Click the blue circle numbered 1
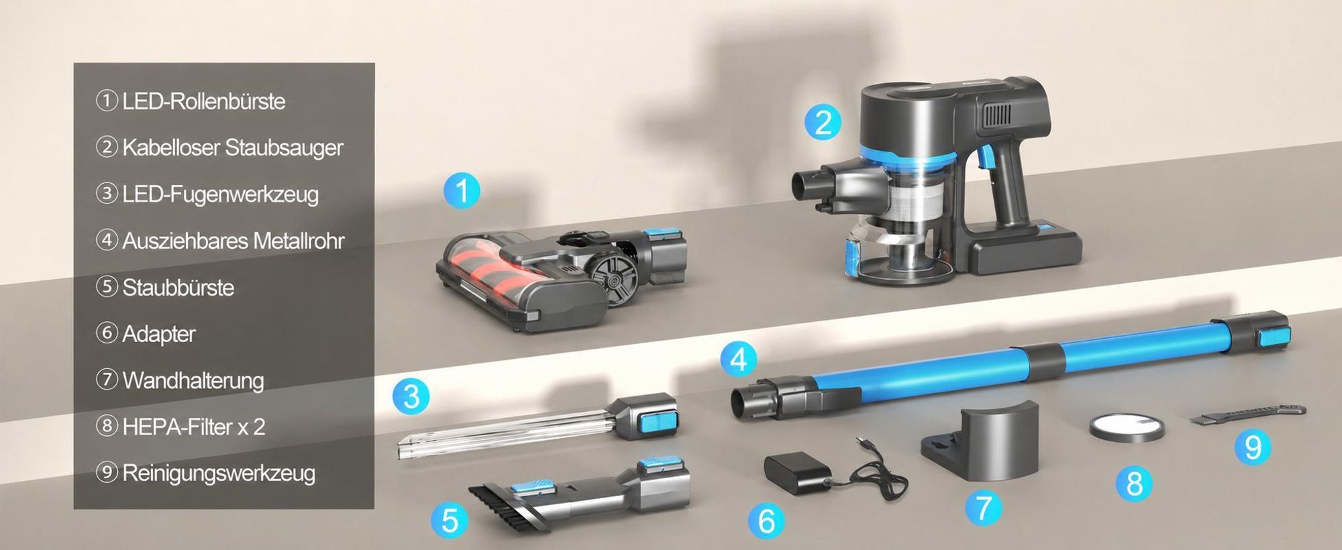pyautogui.click(x=462, y=190)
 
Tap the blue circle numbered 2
pyautogui.click(x=823, y=122)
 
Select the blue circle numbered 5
pyautogui.click(x=450, y=520)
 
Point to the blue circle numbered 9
pyautogui.click(x=1252, y=447)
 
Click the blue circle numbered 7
pyautogui.click(x=983, y=508)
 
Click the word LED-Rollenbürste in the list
pyautogui.click(x=203, y=101)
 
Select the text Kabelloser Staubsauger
pyautogui.click(x=232, y=148)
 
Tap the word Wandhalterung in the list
pyautogui.click(x=193, y=380)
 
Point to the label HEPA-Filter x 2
pyautogui.click(x=193, y=427)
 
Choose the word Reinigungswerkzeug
pyautogui.click(x=219, y=474)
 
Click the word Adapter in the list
pyautogui.click(x=158, y=334)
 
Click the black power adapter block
pyautogui.click(x=796, y=474)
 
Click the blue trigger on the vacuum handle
pyautogui.click(x=985, y=156)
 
